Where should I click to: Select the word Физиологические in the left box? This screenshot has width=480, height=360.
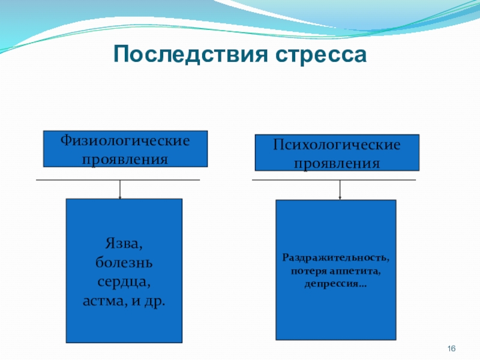tap(125, 141)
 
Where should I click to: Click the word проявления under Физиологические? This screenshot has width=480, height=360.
tap(125, 159)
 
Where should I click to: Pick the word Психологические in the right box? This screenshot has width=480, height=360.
tap(337, 145)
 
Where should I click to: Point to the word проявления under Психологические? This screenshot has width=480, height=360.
tap(337, 163)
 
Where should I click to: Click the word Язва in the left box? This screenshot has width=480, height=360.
tap(124, 244)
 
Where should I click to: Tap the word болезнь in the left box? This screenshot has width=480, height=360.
tap(124, 262)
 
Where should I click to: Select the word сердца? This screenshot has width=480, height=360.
tap(124, 280)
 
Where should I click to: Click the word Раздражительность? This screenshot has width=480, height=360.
tap(335, 258)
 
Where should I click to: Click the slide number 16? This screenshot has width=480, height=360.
tap(452, 350)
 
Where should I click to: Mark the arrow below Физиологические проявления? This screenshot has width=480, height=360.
tap(120, 190)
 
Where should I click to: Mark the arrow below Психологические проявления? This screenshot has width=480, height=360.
tap(340, 190)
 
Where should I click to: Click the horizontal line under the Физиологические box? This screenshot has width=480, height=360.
tap(72, 180)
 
